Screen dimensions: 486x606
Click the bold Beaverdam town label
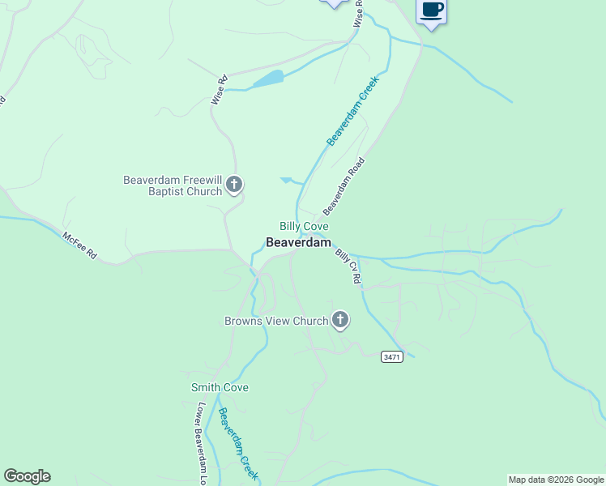point(299,242)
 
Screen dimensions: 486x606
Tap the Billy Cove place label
point(304,226)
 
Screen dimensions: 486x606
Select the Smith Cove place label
point(220,388)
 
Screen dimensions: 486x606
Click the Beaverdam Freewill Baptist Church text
point(172,185)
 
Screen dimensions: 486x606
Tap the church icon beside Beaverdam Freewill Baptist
point(234,185)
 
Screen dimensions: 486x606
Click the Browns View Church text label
point(275,321)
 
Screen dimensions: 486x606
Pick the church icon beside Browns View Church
point(340,320)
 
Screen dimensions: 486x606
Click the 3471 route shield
point(392,357)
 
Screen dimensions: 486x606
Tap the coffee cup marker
point(431,11)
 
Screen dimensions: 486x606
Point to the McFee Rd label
point(79,245)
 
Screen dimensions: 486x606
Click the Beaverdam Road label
point(344,185)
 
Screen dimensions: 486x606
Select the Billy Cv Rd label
point(348,266)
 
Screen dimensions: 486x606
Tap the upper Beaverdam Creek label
point(353,117)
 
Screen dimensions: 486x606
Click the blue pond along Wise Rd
point(268,79)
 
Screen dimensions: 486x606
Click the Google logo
point(27,476)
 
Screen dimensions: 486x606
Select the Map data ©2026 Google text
point(556,480)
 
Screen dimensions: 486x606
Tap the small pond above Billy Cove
point(288,181)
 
